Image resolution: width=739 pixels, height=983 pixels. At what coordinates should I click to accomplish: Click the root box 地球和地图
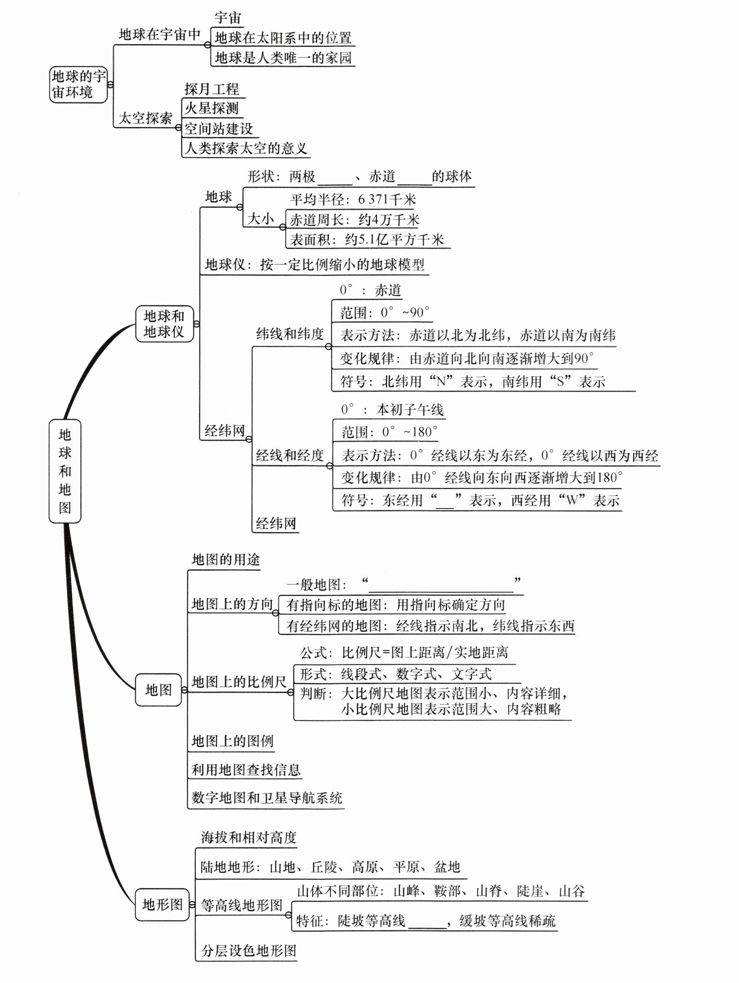(x=65, y=471)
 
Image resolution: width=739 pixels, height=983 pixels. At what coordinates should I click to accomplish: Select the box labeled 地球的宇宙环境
(x=78, y=84)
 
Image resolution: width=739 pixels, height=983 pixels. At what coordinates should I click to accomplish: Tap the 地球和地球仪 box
(x=164, y=323)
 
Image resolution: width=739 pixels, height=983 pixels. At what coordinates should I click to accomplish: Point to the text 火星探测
(x=212, y=108)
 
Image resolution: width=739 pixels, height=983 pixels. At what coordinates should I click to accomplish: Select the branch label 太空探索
(x=145, y=118)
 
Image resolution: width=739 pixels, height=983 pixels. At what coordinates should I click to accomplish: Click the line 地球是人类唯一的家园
(x=283, y=58)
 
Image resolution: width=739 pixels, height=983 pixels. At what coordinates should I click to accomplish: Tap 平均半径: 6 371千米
(x=353, y=199)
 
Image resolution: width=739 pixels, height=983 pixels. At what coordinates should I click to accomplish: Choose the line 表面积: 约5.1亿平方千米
(x=367, y=240)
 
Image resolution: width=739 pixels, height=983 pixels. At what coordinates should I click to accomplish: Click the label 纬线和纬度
(x=290, y=334)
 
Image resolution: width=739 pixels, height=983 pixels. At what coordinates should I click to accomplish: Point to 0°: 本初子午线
(x=392, y=410)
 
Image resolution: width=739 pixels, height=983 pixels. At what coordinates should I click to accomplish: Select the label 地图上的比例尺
(x=239, y=682)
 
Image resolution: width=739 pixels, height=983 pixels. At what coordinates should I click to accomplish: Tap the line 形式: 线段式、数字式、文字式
(x=396, y=674)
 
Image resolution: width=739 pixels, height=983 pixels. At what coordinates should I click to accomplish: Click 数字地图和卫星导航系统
(x=267, y=798)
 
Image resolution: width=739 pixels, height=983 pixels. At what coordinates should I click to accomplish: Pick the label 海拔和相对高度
(x=248, y=837)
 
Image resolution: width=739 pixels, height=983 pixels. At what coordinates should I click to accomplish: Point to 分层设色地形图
(x=248, y=951)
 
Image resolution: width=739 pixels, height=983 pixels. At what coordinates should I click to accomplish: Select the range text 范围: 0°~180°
(x=390, y=432)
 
